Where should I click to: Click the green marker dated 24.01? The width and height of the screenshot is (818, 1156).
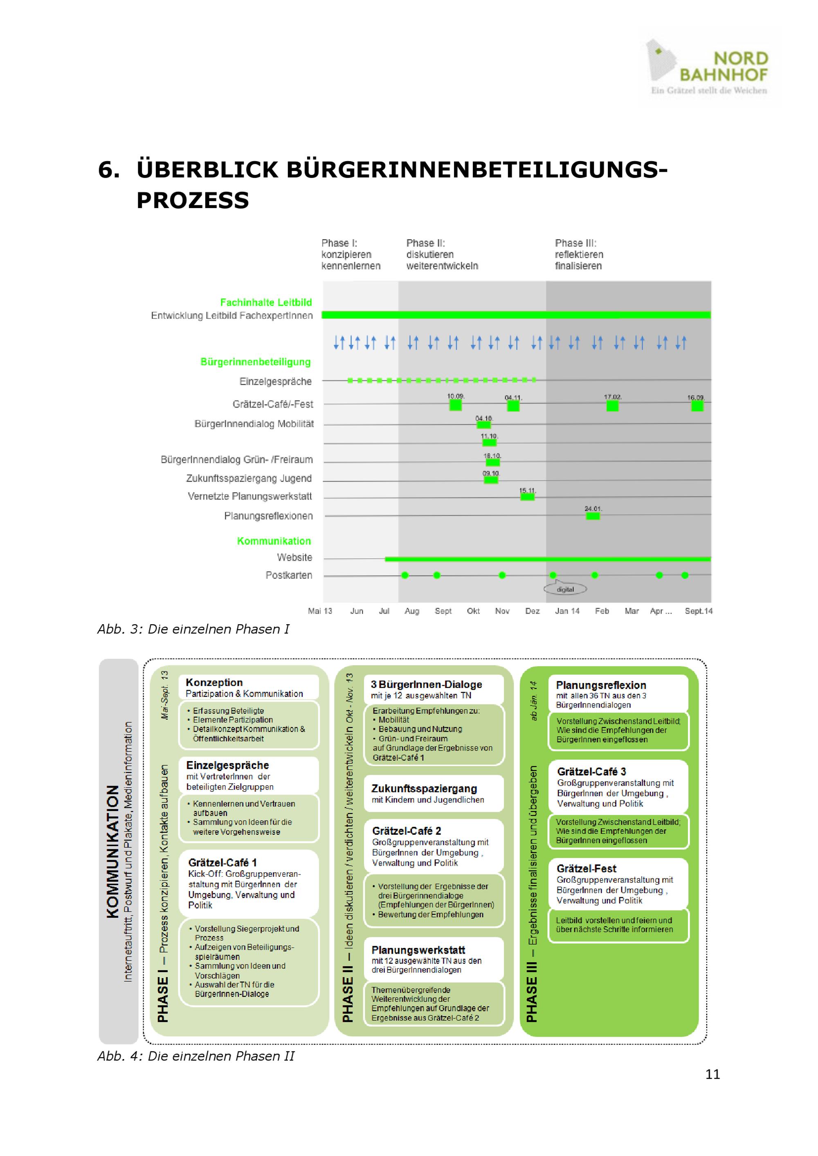pyautogui.click(x=593, y=516)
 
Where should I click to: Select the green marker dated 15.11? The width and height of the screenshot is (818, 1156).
pyautogui.click(x=527, y=497)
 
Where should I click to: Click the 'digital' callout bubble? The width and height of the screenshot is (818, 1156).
pyautogui.click(x=565, y=589)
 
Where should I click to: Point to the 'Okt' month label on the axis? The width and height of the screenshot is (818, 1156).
pyautogui.click(x=474, y=611)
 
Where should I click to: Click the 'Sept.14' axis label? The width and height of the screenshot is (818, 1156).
pyautogui.click(x=699, y=611)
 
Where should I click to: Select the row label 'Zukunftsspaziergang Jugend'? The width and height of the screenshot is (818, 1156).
pyautogui.click(x=249, y=478)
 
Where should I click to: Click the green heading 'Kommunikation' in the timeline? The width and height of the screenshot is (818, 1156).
pyautogui.click(x=274, y=541)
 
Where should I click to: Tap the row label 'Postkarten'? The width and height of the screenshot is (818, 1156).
pyautogui.click(x=289, y=575)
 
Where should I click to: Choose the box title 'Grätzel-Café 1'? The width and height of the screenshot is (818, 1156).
pyautogui.click(x=222, y=863)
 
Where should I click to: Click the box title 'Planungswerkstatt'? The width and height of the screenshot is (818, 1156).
pyautogui.click(x=418, y=950)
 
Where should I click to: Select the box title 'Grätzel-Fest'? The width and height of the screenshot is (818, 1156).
pyautogui.click(x=586, y=869)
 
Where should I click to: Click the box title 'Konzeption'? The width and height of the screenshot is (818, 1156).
pyautogui.click(x=214, y=682)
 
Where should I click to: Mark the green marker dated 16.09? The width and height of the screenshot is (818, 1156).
pyautogui.click(x=697, y=406)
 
